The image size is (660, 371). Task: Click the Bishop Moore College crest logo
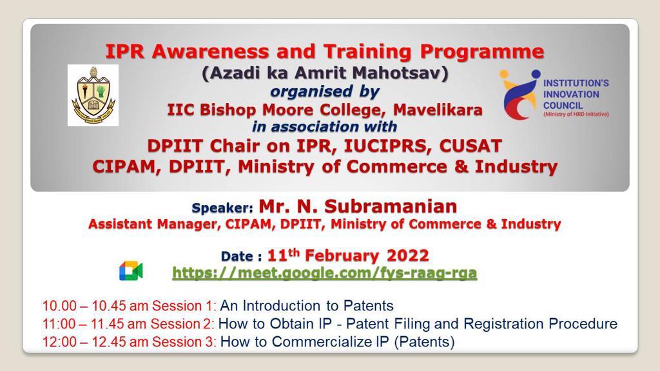[93, 95]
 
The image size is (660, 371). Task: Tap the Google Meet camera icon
[131, 271]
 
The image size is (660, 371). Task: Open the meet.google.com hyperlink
[325, 273]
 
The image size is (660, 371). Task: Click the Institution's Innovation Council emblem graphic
[520, 95]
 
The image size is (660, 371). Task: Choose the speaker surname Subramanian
[391, 207]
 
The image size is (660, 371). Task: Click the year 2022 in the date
[407, 256]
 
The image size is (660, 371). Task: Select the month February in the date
[342, 256]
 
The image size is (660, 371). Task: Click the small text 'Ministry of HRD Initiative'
[576, 115]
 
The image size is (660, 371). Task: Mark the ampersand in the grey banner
[461, 167]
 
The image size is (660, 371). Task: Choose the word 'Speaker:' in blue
[222, 208]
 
